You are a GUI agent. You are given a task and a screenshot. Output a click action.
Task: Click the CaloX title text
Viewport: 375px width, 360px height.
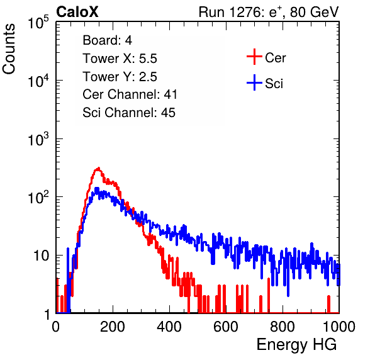tap(77, 12)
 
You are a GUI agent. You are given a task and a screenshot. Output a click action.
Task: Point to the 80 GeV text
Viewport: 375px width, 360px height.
tap(314, 12)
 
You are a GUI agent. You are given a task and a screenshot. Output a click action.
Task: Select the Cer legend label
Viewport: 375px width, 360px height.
tap(275, 58)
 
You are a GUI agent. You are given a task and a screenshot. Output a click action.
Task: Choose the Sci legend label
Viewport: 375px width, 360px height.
tap(274, 84)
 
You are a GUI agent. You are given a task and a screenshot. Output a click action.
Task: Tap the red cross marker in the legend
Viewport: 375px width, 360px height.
tap(254, 57)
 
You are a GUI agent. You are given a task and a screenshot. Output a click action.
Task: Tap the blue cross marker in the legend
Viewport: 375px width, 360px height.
tap(254, 82)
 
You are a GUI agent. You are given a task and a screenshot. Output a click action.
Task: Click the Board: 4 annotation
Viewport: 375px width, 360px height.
tap(107, 40)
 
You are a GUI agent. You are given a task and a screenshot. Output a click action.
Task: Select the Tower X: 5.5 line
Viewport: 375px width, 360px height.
tap(120, 59)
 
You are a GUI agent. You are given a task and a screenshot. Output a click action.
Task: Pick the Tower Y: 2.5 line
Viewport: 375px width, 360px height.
tap(120, 77)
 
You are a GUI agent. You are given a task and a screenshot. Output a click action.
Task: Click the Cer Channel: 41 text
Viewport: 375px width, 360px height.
tap(130, 94)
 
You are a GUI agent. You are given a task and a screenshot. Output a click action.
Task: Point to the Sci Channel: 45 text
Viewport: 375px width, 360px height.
tap(128, 113)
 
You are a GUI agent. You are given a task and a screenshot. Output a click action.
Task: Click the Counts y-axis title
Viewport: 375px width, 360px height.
tap(9, 49)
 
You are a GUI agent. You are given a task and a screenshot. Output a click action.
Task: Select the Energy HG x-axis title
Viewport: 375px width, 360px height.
tap(296, 345)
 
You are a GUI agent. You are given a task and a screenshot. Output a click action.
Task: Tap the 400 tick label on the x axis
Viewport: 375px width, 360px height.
tap(169, 326)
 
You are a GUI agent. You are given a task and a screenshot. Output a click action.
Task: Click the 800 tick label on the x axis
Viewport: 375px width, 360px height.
tap(283, 326)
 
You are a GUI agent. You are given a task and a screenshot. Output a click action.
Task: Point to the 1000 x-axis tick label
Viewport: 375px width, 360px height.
tap(339, 326)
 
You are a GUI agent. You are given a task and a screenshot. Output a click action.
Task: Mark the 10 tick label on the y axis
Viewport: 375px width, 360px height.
tap(42, 256)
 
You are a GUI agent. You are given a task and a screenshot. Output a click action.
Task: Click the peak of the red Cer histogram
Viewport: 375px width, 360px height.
tap(98, 168)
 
